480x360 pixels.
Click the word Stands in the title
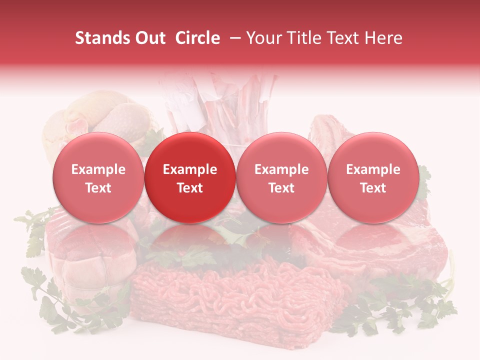[x=99, y=38]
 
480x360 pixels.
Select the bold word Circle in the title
[x=197, y=38]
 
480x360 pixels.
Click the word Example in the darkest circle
[x=190, y=169]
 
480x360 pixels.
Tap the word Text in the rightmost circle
[x=373, y=187]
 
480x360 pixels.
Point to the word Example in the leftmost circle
[x=98, y=169]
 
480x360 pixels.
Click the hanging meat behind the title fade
[x=225, y=105]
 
